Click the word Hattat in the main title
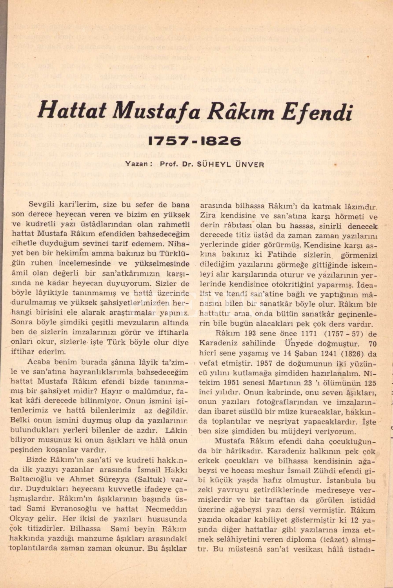(72, 111)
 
